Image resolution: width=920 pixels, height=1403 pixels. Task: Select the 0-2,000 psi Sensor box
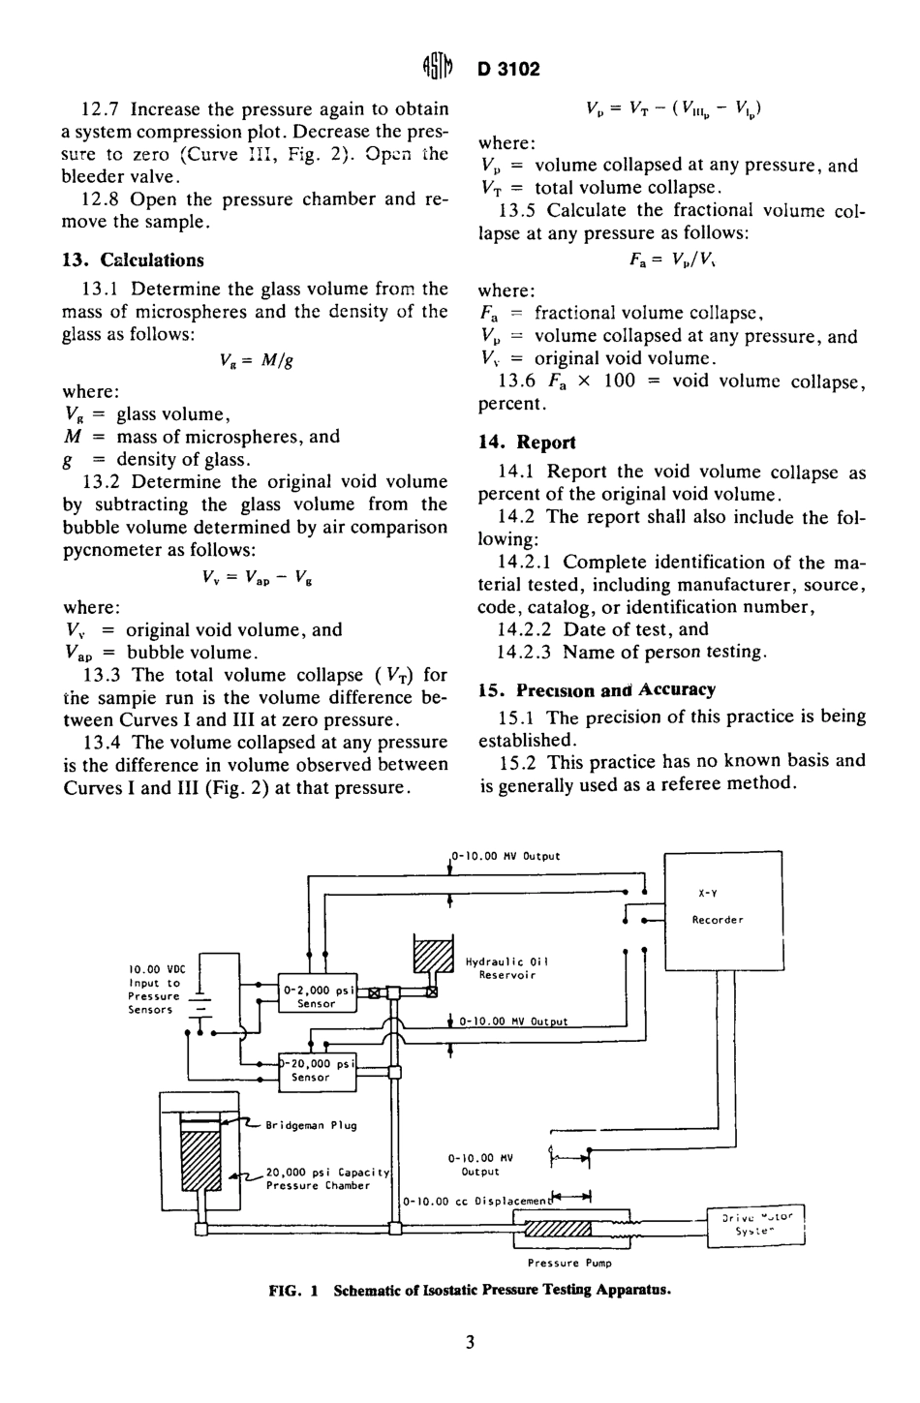317,996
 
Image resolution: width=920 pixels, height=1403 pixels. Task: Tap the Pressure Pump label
569,1263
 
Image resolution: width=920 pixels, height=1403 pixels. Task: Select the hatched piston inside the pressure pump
558,1230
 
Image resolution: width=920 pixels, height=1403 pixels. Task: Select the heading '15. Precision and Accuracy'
598,690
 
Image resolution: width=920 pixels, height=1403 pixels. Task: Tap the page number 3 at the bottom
470,1342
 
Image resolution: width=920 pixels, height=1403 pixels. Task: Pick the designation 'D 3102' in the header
508,69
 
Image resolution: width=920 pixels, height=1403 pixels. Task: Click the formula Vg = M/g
257,361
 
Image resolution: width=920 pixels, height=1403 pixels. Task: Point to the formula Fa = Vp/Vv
670,262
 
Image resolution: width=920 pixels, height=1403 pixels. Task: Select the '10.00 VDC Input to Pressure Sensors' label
154,990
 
